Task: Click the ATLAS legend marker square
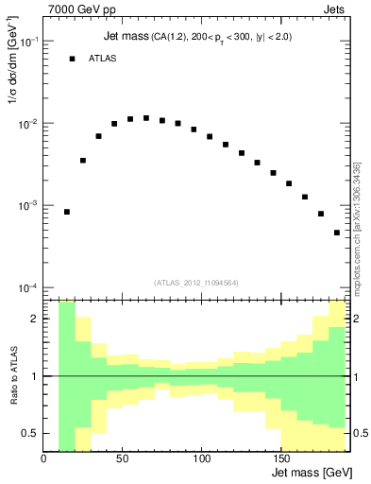click(x=72, y=59)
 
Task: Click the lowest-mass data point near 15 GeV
click(x=67, y=212)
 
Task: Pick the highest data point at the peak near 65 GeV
click(x=145, y=118)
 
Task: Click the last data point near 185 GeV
click(x=336, y=233)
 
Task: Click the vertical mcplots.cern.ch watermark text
click(x=357, y=227)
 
